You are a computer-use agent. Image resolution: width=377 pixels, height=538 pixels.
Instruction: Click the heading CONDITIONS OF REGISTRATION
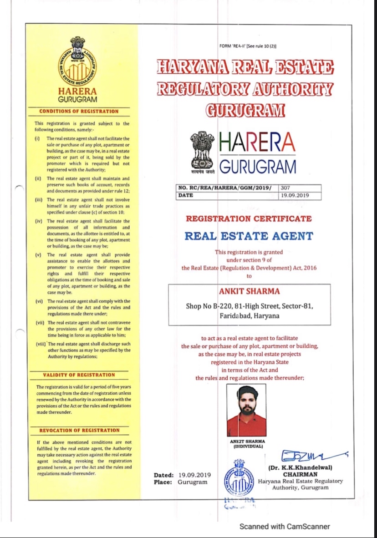pos(79,111)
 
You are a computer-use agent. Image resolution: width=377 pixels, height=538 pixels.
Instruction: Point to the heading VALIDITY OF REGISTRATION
pos(79,375)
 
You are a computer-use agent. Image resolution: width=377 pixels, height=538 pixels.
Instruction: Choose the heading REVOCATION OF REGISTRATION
pos(79,430)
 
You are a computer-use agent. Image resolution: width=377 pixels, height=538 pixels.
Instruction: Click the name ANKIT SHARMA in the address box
pos(250,291)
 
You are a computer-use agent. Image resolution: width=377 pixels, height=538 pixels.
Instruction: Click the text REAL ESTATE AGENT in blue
pos(249,236)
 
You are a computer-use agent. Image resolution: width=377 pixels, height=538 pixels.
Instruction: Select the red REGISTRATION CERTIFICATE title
pos(249,218)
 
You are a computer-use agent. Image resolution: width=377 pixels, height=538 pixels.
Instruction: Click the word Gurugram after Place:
pos(193,482)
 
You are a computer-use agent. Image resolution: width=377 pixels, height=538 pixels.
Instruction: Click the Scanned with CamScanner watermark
pos(285,527)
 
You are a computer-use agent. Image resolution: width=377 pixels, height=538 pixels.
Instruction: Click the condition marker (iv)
pos(38,221)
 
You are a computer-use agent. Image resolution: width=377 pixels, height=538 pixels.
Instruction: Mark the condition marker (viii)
pos(40,344)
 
